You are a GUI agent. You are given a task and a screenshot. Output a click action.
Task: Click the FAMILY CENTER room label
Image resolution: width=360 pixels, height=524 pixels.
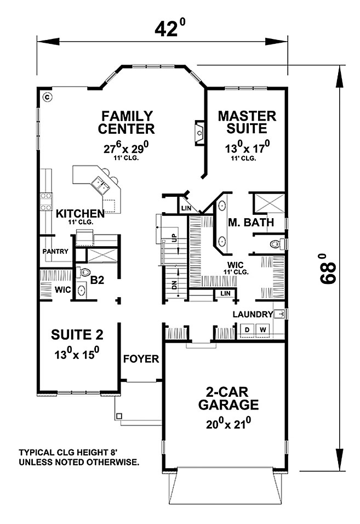click(126, 122)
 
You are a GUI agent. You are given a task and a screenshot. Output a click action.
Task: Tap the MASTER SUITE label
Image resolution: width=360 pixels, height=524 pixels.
click(247, 122)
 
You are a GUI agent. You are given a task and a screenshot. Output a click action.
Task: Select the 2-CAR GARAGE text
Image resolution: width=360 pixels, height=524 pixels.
click(228, 398)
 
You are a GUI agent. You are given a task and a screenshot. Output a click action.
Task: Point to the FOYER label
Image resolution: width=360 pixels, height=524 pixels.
click(141, 359)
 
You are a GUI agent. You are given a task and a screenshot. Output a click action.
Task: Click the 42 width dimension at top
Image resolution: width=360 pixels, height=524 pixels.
click(170, 28)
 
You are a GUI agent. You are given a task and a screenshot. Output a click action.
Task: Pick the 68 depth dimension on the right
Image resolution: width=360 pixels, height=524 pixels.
click(327, 269)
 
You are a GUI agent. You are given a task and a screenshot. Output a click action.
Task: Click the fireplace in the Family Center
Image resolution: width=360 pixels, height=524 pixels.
click(199, 133)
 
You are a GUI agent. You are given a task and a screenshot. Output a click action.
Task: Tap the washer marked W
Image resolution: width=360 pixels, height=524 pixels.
click(263, 330)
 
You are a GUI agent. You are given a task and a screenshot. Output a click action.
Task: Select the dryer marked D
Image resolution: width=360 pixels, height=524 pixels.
click(247, 330)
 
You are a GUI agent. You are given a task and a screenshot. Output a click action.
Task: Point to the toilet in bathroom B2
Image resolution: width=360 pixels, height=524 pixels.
click(84, 272)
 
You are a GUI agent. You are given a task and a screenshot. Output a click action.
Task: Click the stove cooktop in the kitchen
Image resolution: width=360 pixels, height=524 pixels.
click(46, 202)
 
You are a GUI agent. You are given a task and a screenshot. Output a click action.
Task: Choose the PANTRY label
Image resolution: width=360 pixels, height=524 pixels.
click(55, 251)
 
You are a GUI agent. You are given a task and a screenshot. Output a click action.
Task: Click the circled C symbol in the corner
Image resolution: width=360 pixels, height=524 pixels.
click(48, 97)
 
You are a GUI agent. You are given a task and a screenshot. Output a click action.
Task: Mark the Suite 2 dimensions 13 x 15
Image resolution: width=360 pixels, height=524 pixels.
click(77, 353)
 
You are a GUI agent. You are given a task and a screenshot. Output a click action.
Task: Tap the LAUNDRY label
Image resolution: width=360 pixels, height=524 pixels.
click(253, 315)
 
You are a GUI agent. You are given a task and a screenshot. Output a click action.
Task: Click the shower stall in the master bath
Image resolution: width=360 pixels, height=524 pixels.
click(269, 203)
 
